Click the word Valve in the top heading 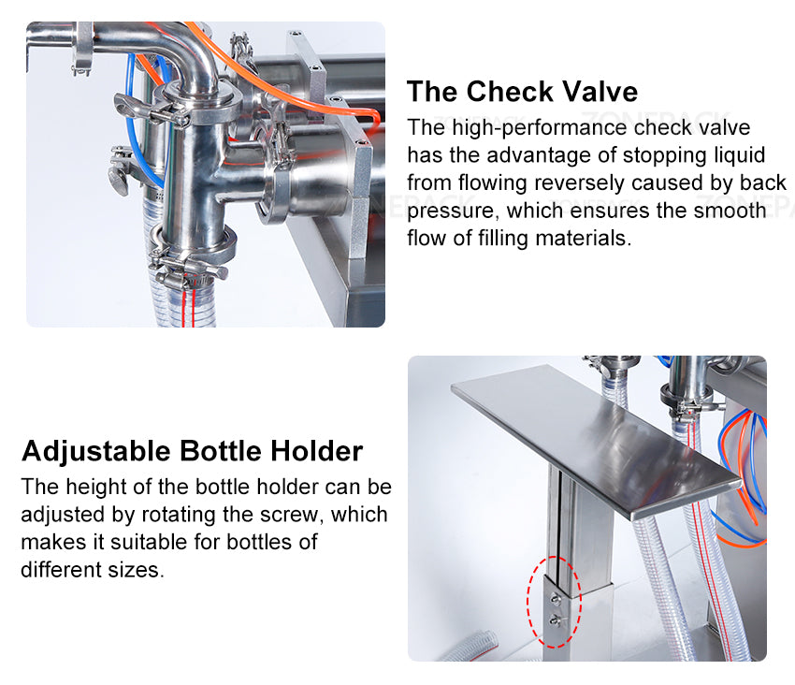[594, 92]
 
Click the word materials [582, 239]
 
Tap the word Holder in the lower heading [316, 451]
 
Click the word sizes [137, 569]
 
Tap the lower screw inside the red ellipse [555, 619]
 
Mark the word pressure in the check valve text [446, 211]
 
